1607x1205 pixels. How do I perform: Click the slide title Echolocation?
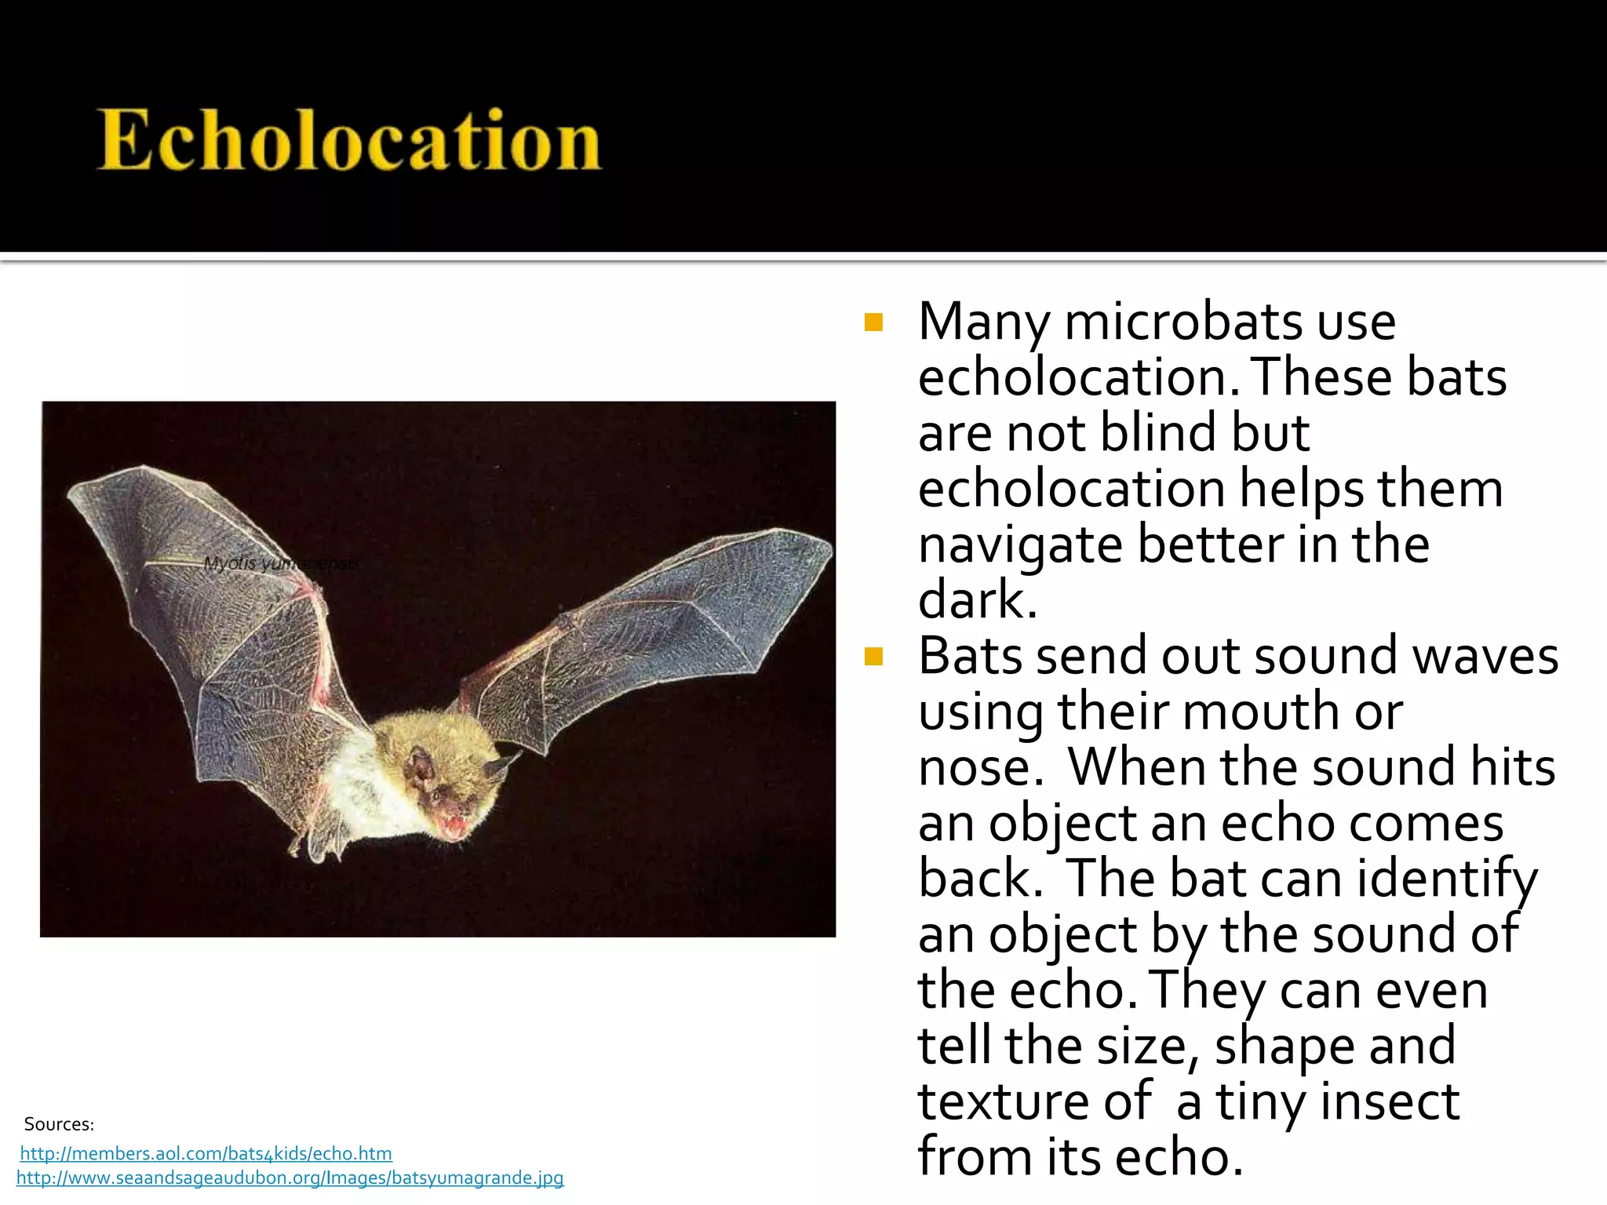click(x=349, y=140)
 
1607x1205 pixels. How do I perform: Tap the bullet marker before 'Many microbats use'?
click(x=873, y=323)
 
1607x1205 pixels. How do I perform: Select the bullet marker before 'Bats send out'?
click(x=873, y=657)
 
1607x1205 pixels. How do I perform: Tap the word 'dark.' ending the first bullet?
click(x=978, y=601)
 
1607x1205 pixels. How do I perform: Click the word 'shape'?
click(x=1283, y=1047)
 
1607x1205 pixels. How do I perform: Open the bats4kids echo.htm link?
click(x=206, y=1153)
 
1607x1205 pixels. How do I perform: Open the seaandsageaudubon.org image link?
click(x=290, y=1178)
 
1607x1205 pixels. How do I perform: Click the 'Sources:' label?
click(x=59, y=1124)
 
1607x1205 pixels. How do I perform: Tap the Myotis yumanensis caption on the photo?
click(x=281, y=563)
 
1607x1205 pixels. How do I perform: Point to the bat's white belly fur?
click(x=365, y=792)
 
